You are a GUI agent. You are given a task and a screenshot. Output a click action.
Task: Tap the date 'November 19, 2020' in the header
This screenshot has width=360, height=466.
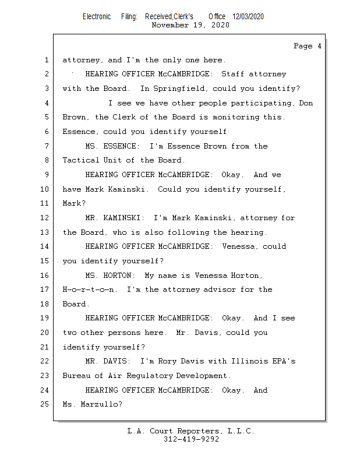pyautogui.click(x=190, y=25)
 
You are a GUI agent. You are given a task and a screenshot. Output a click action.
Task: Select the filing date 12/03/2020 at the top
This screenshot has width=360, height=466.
pyautogui.click(x=248, y=16)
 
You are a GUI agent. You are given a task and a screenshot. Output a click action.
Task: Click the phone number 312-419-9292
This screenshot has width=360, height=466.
pyautogui.click(x=191, y=439)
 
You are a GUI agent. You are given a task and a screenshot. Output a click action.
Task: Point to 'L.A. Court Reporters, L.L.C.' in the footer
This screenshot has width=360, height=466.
pyautogui.click(x=191, y=431)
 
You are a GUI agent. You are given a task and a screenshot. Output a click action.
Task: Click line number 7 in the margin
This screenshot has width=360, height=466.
pyautogui.click(x=46, y=146)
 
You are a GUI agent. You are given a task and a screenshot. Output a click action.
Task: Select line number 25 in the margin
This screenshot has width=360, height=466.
pyautogui.click(x=44, y=404)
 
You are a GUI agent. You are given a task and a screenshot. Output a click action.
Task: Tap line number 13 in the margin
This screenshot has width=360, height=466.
pyautogui.click(x=44, y=232)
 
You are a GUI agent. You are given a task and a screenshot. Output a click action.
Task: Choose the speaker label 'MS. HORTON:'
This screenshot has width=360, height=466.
pyautogui.click(x=110, y=276)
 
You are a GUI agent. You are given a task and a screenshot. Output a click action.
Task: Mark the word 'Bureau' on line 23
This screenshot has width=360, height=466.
pyautogui.click(x=76, y=376)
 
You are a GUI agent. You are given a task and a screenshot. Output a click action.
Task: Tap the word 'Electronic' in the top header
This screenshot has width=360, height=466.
pyautogui.click(x=97, y=16)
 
